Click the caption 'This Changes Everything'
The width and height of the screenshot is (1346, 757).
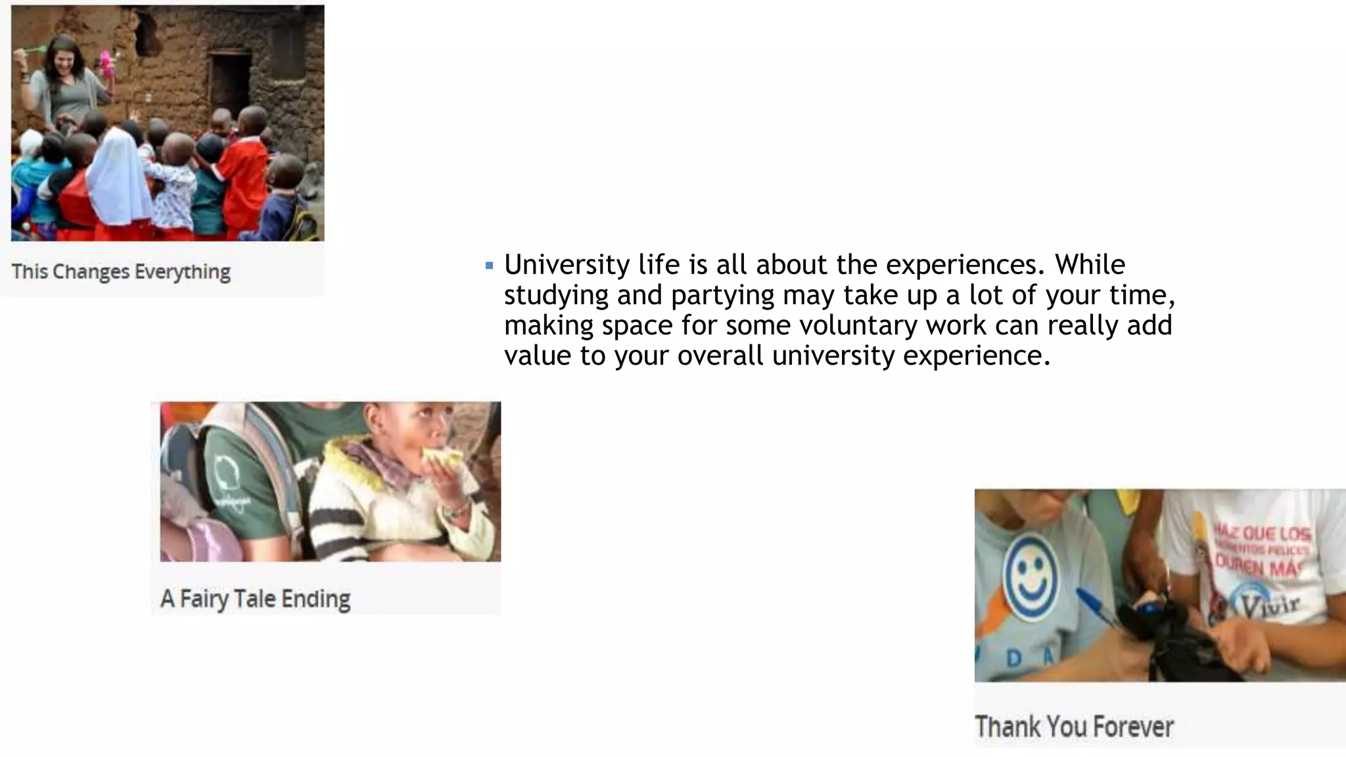pyautogui.click(x=121, y=271)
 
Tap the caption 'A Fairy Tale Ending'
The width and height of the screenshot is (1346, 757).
pyautogui.click(x=255, y=599)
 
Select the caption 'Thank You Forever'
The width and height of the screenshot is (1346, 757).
pyautogui.click(x=1074, y=727)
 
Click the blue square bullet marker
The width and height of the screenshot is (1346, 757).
pyautogui.click(x=489, y=266)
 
